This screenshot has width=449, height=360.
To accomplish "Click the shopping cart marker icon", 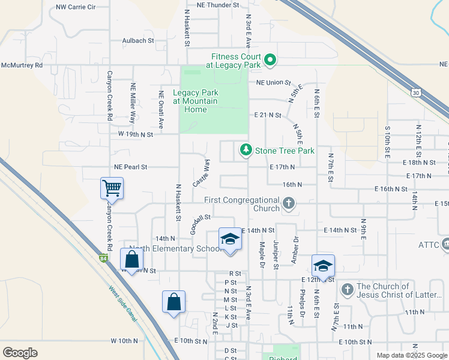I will click(112, 188).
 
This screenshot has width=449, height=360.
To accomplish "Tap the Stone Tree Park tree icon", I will click(245, 150).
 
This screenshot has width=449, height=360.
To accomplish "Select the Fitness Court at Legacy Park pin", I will click(270, 59).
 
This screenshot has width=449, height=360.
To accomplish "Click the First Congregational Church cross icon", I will click(289, 203).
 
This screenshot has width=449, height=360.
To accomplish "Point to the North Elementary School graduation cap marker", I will click(229, 239).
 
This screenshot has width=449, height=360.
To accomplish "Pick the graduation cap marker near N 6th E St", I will click(323, 266).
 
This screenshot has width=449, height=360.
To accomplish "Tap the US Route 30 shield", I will click(415, 92).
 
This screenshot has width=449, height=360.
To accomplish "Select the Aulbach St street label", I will click(138, 41).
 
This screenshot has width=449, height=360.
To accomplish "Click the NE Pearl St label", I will click(130, 166).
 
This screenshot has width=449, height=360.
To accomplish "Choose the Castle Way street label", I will click(201, 172).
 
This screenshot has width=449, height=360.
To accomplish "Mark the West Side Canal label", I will click(122, 302).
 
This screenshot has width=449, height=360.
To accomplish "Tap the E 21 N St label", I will click(268, 115).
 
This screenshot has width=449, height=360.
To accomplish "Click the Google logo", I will click(20, 353).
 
